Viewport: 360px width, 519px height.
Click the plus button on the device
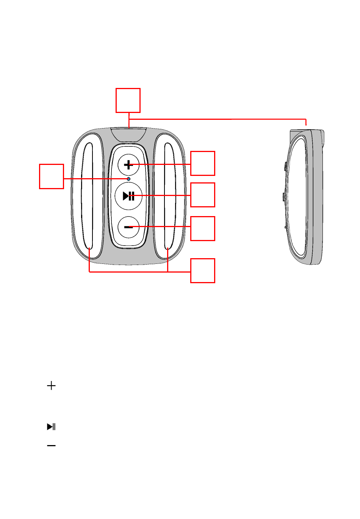(128, 165)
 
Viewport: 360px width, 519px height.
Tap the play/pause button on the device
(128, 196)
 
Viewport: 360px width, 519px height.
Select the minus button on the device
(128, 227)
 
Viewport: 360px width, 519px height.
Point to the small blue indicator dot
(128, 179)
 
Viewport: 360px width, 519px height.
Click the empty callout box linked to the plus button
(202, 163)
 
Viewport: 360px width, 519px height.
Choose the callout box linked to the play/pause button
(202, 195)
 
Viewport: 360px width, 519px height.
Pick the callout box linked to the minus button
(202, 229)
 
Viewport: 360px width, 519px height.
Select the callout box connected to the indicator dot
(52, 176)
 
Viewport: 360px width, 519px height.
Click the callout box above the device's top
(128, 100)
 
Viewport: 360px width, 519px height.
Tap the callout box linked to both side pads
(202, 271)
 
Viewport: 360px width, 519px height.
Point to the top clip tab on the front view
(129, 135)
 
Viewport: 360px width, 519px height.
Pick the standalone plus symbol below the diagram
(51, 386)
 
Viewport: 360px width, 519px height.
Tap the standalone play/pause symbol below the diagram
(51, 427)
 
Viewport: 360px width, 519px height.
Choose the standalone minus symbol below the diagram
(51, 445)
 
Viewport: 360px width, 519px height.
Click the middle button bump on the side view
(284, 196)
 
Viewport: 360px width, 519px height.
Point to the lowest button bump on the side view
(285, 227)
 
